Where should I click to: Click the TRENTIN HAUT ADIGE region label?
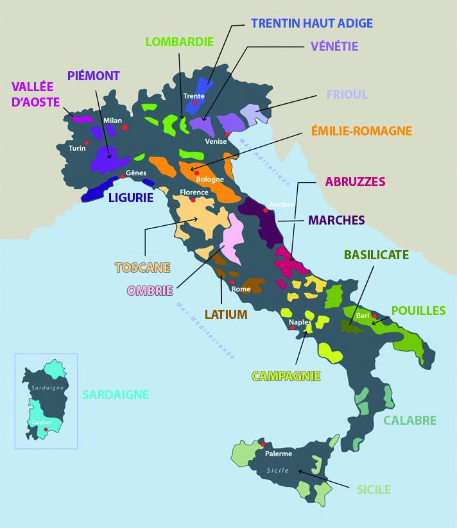(312, 23)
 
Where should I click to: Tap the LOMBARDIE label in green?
(179, 42)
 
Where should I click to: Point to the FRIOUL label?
(347, 94)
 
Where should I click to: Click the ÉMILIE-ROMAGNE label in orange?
(361, 131)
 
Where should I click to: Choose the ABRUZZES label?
(355, 182)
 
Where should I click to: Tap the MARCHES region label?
(336, 220)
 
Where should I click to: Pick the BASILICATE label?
(376, 255)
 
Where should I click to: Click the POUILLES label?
(418, 311)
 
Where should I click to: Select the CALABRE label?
(410, 421)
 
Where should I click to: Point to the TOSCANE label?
(142, 267)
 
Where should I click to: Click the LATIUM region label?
(226, 314)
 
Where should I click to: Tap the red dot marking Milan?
(125, 128)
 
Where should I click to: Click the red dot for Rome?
(232, 282)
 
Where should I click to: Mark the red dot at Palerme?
(263, 443)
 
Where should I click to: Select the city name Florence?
(194, 192)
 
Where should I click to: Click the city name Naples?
(300, 322)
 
